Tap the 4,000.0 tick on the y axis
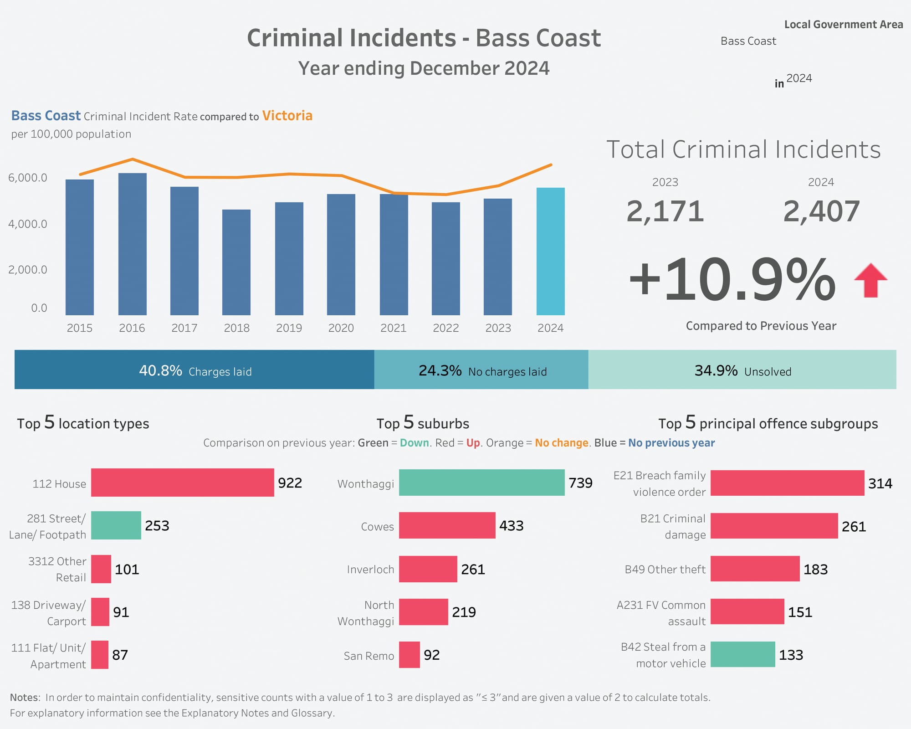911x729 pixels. [28, 224]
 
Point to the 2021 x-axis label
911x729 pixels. [393, 328]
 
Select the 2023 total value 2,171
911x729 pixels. [665, 212]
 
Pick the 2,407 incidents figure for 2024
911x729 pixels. [821, 212]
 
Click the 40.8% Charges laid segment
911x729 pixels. [194, 370]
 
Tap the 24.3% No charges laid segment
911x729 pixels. [481, 370]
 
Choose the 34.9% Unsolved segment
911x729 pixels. [742, 370]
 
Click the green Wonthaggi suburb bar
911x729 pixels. [481, 483]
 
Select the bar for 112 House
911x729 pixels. [182, 483]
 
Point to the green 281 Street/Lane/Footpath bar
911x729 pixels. [116, 525]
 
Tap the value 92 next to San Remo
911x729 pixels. [431, 655]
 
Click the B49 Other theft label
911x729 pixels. [665, 569]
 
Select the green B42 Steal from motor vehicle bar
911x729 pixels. [742, 654]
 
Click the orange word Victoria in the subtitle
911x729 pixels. [287, 116]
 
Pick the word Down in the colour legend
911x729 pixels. [414, 443]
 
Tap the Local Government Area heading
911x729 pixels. [843, 25]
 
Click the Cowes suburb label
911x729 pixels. [377, 526]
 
